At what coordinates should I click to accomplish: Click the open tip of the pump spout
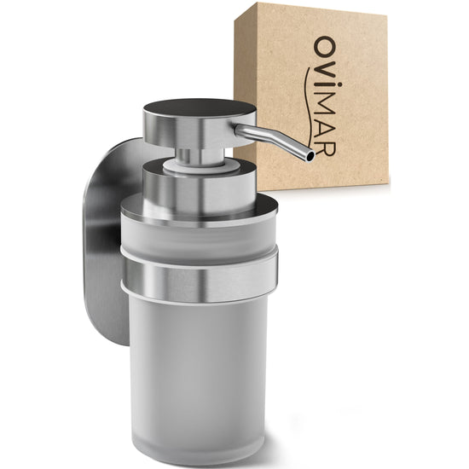coord(310,156)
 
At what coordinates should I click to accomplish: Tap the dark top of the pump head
coord(200,107)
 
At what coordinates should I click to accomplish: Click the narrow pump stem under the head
coord(200,156)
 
